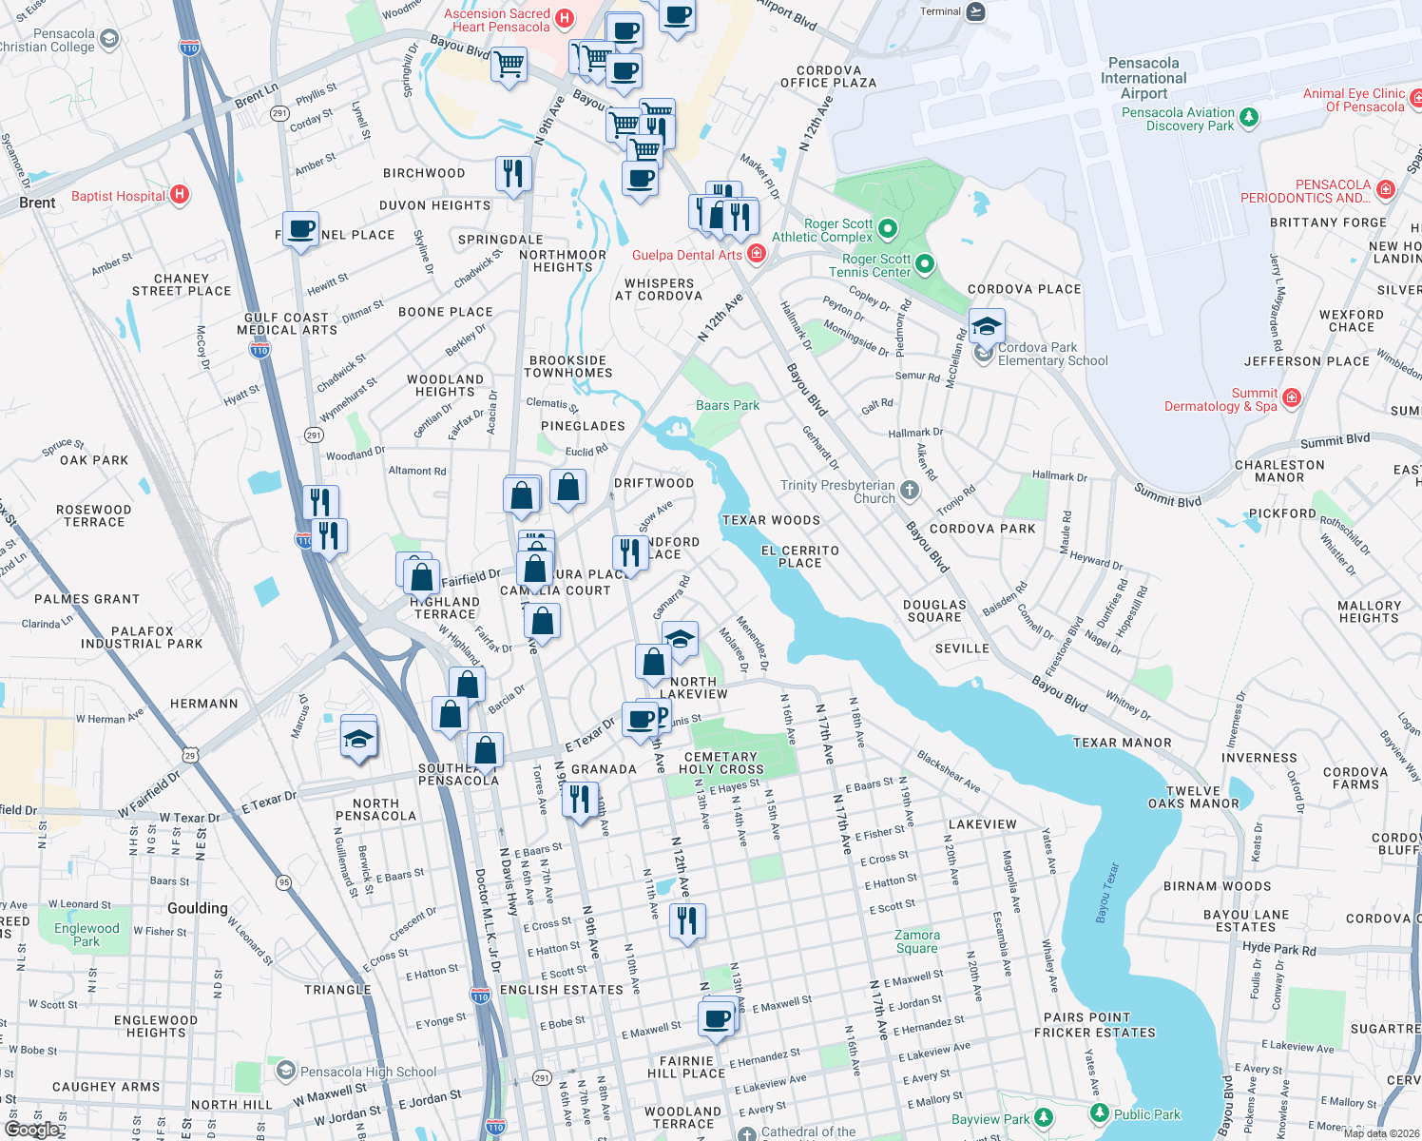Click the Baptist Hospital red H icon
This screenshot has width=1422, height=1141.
(x=179, y=195)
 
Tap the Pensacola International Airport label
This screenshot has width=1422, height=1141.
(x=1143, y=78)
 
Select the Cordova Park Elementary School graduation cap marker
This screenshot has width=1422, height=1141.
(x=987, y=326)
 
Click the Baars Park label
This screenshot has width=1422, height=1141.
(x=727, y=405)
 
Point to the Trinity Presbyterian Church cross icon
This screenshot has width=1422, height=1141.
(x=910, y=491)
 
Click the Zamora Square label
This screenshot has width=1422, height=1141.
(x=916, y=941)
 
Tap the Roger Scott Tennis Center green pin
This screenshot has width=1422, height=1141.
(x=925, y=264)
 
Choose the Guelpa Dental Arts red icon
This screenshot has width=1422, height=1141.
(x=757, y=253)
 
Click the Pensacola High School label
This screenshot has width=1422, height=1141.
(x=368, y=1072)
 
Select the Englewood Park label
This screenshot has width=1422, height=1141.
(x=86, y=935)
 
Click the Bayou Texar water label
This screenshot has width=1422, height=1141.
(x=1107, y=893)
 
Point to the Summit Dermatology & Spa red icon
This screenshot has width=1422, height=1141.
(x=1291, y=397)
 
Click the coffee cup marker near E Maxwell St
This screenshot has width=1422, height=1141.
(x=718, y=1018)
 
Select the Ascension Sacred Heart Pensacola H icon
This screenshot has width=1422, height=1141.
(x=565, y=18)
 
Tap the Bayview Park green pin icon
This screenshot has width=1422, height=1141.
(x=1044, y=1116)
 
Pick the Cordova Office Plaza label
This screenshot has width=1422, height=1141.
(x=828, y=77)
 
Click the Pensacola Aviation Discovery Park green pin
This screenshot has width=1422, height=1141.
(x=1249, y=118)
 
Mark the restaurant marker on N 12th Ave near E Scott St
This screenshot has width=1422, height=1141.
(x=687, y=920)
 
